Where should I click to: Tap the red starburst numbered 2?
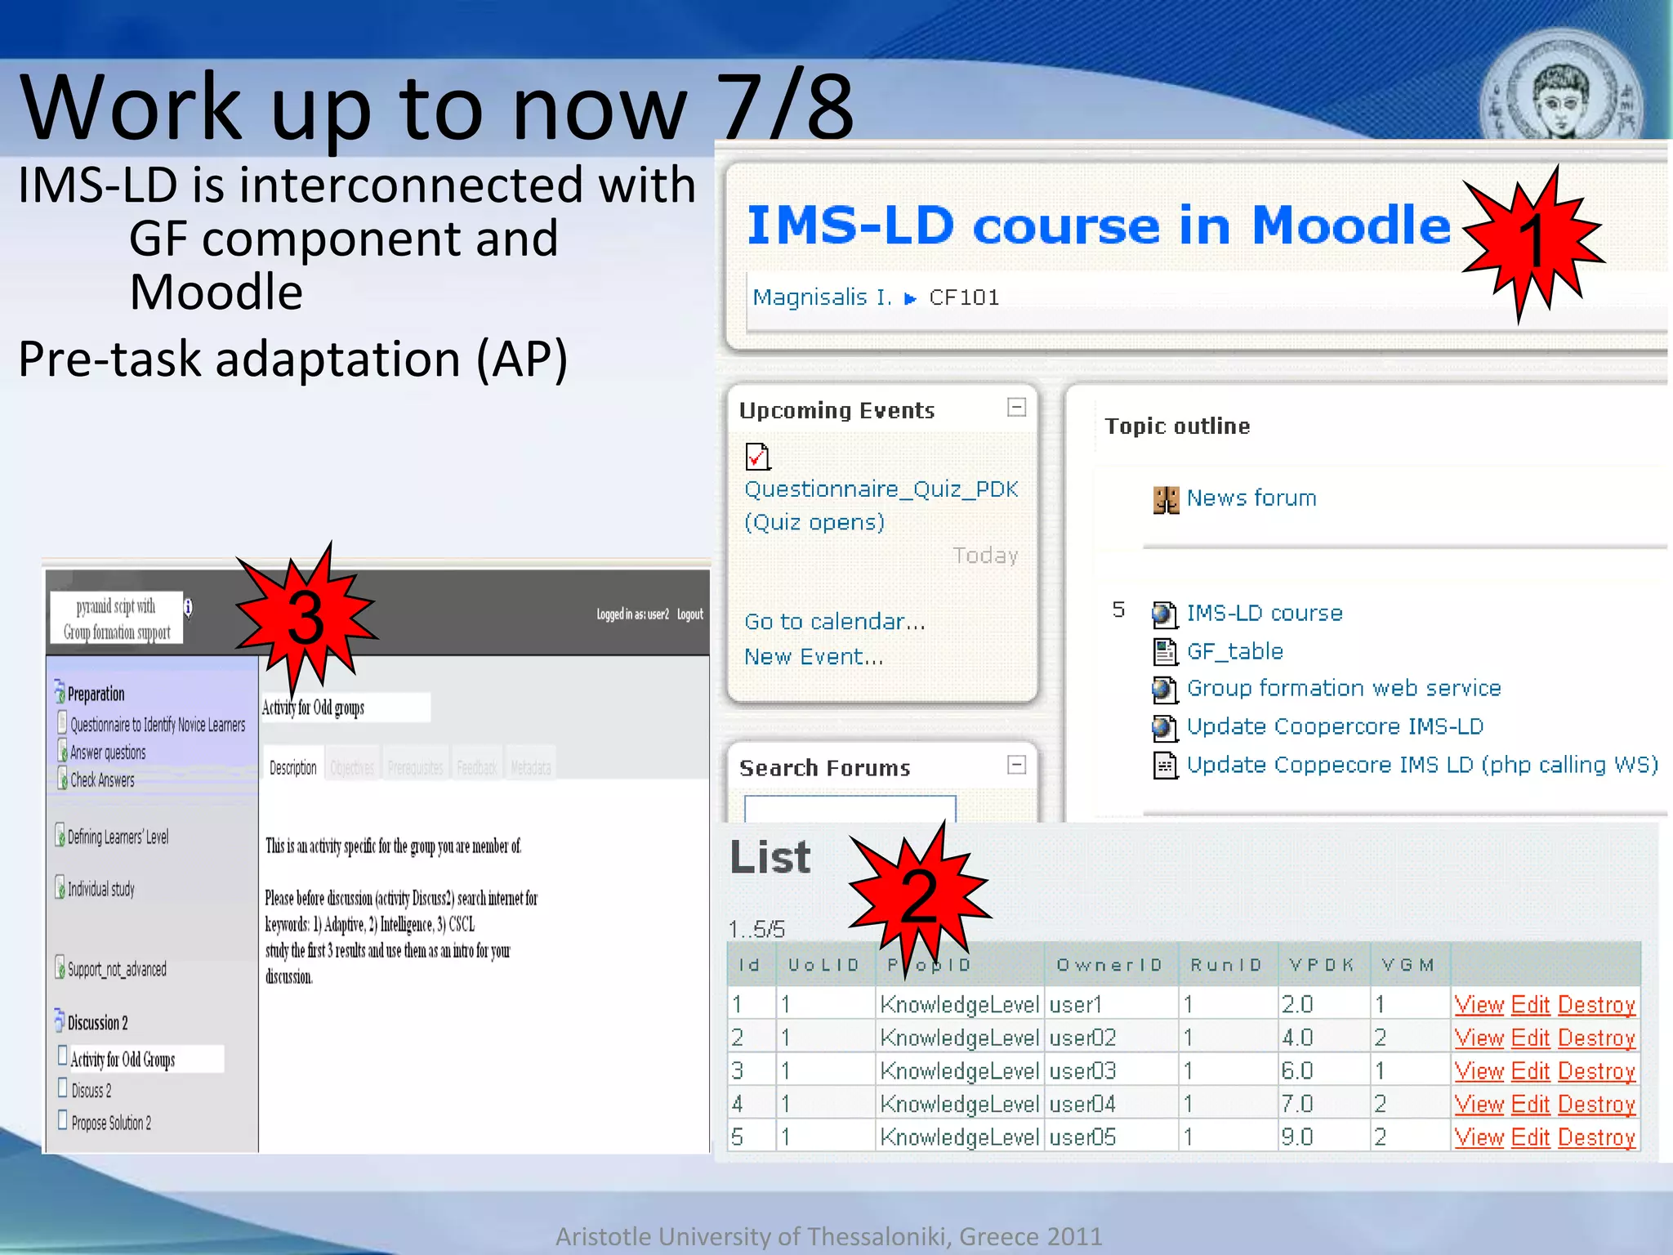918,894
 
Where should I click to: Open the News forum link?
1251,498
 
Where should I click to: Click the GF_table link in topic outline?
1234,651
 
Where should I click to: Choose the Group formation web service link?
1343,688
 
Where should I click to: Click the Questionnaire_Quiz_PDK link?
881,489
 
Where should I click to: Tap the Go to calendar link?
834,622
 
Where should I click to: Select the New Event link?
813,657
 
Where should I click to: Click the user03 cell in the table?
1082,1070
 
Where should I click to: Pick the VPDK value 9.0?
1297,1137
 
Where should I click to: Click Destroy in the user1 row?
1596,1004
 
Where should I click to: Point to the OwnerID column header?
1109,965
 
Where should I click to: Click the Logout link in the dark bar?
689,614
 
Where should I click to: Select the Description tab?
292,768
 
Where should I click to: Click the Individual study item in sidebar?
100,889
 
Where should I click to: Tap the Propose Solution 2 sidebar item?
111,1123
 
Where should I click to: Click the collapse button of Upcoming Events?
1016,407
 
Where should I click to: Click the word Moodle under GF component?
216,293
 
